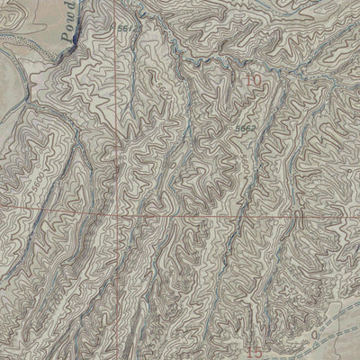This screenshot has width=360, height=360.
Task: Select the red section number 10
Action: (254, 81)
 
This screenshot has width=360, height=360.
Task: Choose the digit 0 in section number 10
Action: (258, 81)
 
